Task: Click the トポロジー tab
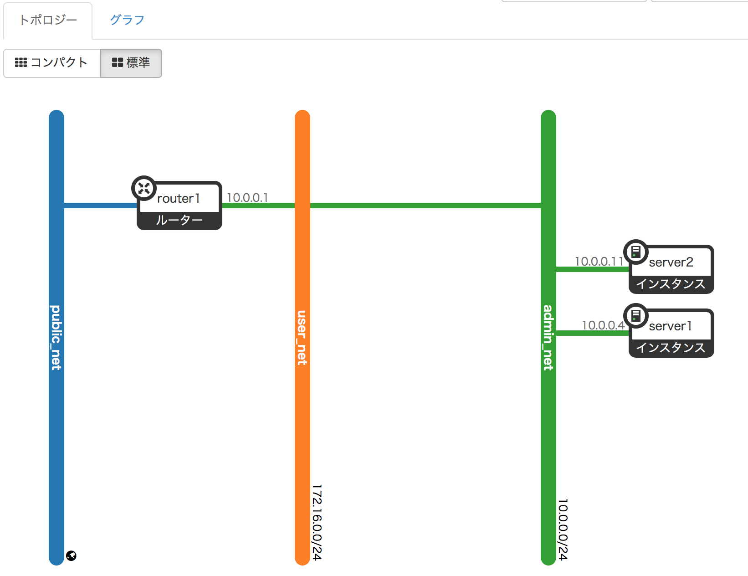(x=48, y=20)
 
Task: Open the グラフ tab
(x=127, y=20)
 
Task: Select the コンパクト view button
(x=52, y=63)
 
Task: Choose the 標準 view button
(x=131, y=63)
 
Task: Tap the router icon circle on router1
(x=144, y=188)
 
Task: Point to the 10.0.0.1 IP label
(x=247, y=198)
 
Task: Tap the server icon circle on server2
(x=636, y=252)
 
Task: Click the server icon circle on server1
(x=636, y=316)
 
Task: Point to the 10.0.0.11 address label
(x=599, y=262)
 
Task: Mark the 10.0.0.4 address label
(x=603, y=325)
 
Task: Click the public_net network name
(x=56, y=337)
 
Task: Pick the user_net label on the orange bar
(x=302, y=337)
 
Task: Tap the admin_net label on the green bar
(x=548, y=337)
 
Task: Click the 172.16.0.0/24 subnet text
(x=317, y=522)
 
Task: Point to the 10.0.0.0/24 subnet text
(x=563, y=530)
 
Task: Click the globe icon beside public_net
(x=71, y=555)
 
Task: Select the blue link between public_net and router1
(x=100, y=206)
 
